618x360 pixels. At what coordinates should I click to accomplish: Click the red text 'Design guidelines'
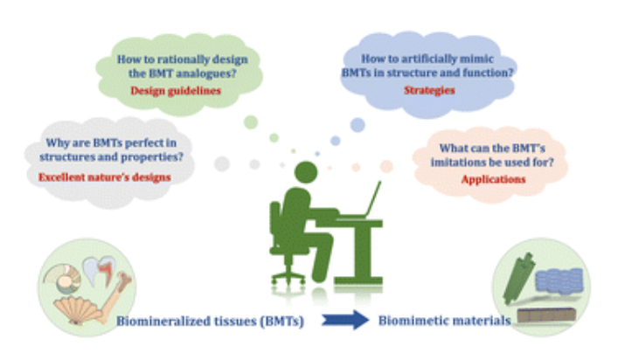pyautogui.click(x=176, y=91)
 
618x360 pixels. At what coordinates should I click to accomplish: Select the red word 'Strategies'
pyautogui.click(x=429, y=90)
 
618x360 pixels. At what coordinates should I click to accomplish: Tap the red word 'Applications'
pyautogui.click(x=493, y=179)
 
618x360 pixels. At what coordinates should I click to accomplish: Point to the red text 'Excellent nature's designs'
pyautogui.click(x=104, y=177)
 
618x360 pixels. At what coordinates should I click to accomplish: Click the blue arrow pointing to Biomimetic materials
pyautogui.click(x=345, y=320)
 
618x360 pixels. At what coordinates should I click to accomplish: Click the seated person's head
pyautogui.click(x=306, y=172)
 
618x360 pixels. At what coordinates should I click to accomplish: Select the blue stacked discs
pyautogui.click(x=559, y=280)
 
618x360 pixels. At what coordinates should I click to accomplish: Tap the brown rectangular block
pyautogui.click(x=546, y=315)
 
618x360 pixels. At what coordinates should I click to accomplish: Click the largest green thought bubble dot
pyautogui.click(x=251, y=122)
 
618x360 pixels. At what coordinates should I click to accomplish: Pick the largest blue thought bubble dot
pyautogui.click(x=358, y=125)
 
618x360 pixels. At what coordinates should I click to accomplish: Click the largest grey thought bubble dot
pyautogui.click(x=222, y=164)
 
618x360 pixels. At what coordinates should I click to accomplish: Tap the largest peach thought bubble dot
pyautogui.click(x=386, y=166)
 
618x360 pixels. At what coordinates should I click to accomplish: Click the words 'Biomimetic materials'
pyautogui.click(x=445, y=321)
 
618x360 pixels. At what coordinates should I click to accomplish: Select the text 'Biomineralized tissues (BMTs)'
pyautogui.click(x=210, y=322)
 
